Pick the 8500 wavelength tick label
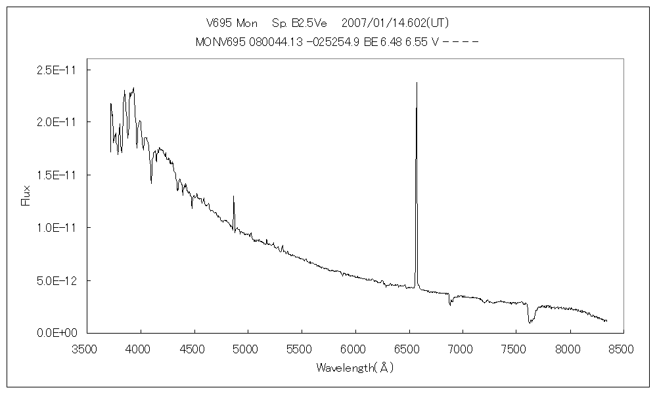coord(622,350)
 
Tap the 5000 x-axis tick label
coord(247,350)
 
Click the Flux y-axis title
coord(26,196)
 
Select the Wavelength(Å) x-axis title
coord(354,368)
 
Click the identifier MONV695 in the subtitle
coord(221,42)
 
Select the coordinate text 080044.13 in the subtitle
coord(276,42)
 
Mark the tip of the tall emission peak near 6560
coord(417,83)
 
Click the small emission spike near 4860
coord(233,196)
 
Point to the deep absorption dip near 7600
coord(530,322)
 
